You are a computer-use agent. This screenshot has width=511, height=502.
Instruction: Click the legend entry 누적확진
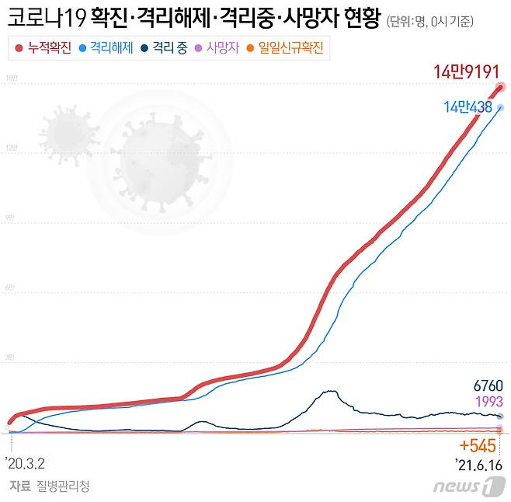[43, 48]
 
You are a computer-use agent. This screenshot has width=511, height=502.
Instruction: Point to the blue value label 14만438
[468, 107]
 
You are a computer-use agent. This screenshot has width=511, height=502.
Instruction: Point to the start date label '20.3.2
[25, 463]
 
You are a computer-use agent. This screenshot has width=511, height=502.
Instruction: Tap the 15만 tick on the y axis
[11, 78]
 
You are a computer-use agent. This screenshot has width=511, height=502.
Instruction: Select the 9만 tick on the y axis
[11, 218]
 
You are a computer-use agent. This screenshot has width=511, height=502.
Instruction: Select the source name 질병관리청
[63, 486]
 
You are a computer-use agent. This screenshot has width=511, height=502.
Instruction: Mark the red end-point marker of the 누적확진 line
[501, 87]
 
